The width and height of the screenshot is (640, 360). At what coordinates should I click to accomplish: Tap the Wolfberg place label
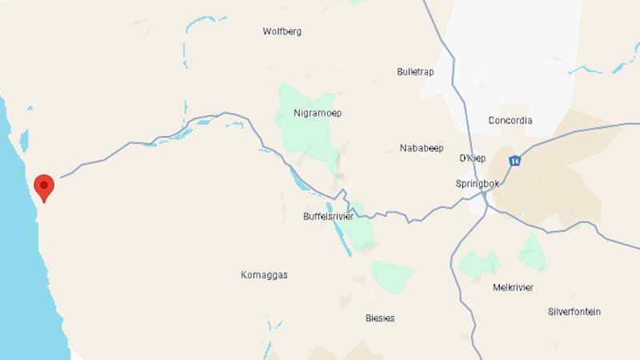[x=282, y=32]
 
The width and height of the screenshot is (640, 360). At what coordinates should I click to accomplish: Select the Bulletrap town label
[x=415, y=72]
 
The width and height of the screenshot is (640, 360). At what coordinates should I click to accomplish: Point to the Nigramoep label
[x=318, y=114]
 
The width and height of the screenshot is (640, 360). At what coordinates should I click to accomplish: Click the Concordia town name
[x=510, y=121]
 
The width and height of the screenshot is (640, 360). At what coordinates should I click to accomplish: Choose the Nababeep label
[x=421, y=148]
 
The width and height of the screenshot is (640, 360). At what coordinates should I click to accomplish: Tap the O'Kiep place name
[x=473, y=158]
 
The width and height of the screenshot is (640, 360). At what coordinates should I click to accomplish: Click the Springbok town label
[x=477, y=184]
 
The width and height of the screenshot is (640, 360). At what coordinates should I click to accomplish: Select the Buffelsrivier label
[x=328, y=217]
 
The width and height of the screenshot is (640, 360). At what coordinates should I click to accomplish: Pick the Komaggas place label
[x=264, y=275]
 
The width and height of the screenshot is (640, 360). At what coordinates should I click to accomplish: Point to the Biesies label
[x=380, y=318]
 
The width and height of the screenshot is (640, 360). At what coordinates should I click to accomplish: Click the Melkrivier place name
[x=513, y=288]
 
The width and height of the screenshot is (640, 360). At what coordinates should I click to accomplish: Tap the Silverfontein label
[x=574, y=312]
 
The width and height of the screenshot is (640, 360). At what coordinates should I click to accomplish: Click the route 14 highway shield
[x=514, y=161]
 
